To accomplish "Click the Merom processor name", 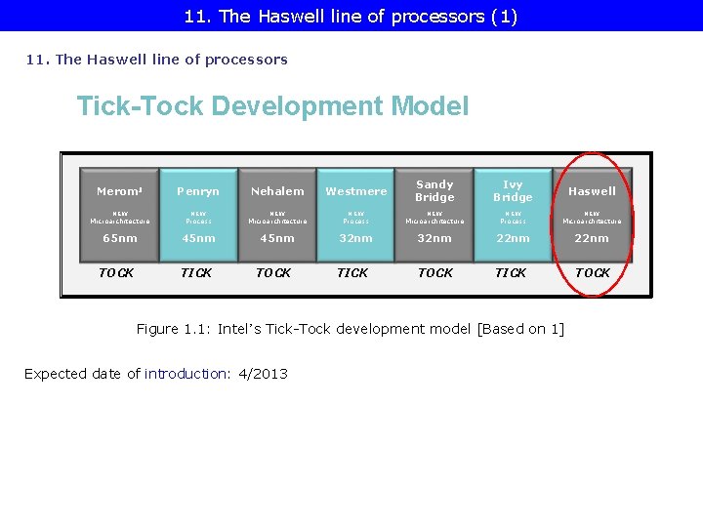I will point(119,191).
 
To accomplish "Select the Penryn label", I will point(198,191).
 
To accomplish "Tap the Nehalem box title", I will point(277,191).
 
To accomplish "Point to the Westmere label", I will point(356,191).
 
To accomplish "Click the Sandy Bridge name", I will point(434,190).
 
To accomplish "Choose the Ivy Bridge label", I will point(513,190).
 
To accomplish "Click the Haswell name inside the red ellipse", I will point(592,191).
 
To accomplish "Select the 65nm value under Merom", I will point(120,238).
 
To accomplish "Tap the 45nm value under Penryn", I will point(198,238).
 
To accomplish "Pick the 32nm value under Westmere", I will point(355,238).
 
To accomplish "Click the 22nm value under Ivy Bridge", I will point(513,238).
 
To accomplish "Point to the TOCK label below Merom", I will point(116,273).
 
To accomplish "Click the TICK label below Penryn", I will point(196,273).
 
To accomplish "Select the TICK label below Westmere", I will point(352,273).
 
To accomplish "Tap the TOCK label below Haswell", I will point(593,273).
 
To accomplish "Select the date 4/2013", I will point(263,374).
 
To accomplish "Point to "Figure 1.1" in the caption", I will point(172,329).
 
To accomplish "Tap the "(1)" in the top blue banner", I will point(504,16).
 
